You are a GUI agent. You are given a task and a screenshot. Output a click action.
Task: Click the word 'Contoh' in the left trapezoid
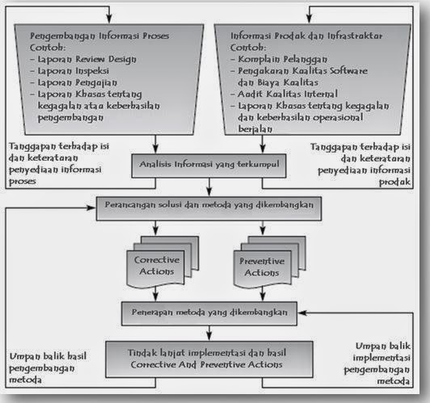(x=46, y=48)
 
